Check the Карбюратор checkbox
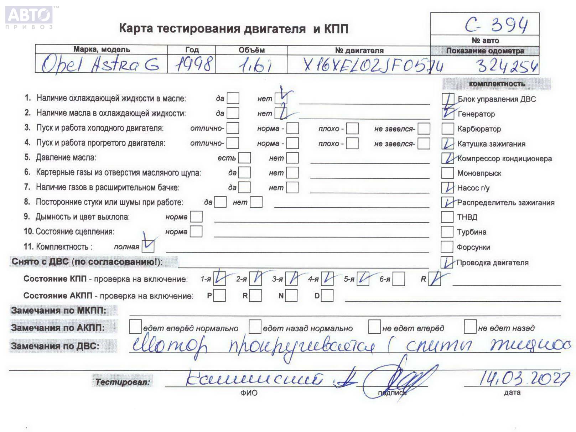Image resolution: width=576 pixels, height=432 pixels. tap(447, 129)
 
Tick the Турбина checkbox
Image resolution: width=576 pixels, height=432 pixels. tap(447, 232)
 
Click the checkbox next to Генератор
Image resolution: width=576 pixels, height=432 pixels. tap(448, 114)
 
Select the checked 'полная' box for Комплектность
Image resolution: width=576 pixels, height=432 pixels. tap(148, 246)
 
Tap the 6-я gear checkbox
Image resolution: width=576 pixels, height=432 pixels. tap(399, 279)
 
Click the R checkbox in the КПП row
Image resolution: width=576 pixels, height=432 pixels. tap(435, 279)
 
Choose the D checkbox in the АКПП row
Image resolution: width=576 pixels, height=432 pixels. tap(327, 296)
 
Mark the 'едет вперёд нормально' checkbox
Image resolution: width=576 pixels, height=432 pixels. tap(135, 327)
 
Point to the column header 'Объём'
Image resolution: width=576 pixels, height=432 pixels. tap(251, 50)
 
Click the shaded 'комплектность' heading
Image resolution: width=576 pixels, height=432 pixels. tap(497, 84)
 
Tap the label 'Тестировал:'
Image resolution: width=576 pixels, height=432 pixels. tap(123, 382)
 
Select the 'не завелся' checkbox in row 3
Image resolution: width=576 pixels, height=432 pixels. tap(424, 129)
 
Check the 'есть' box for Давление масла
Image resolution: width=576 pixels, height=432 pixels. tap(244, 158)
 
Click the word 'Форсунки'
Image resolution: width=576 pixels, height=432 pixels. tap(473, 247)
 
